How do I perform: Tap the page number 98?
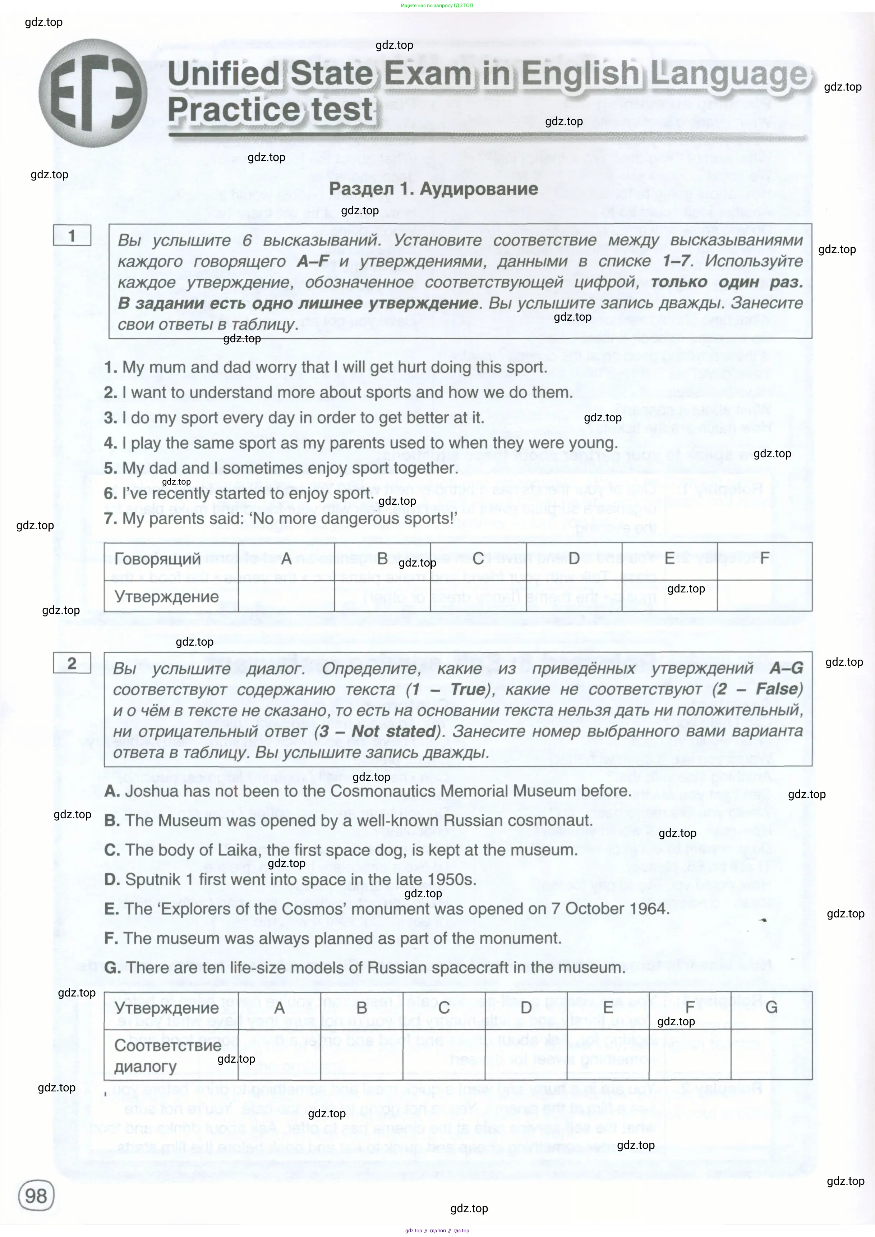(x=36, y=1196)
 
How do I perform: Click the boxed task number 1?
(x=72, y=235)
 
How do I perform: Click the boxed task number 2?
(x=72, y=663)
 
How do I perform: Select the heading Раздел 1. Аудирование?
(x=433, y=189)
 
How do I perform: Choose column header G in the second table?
(x=771, y=1007)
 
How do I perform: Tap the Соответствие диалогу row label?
(x=167, y=1056)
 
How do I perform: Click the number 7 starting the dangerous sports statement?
(x=109, y=518)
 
